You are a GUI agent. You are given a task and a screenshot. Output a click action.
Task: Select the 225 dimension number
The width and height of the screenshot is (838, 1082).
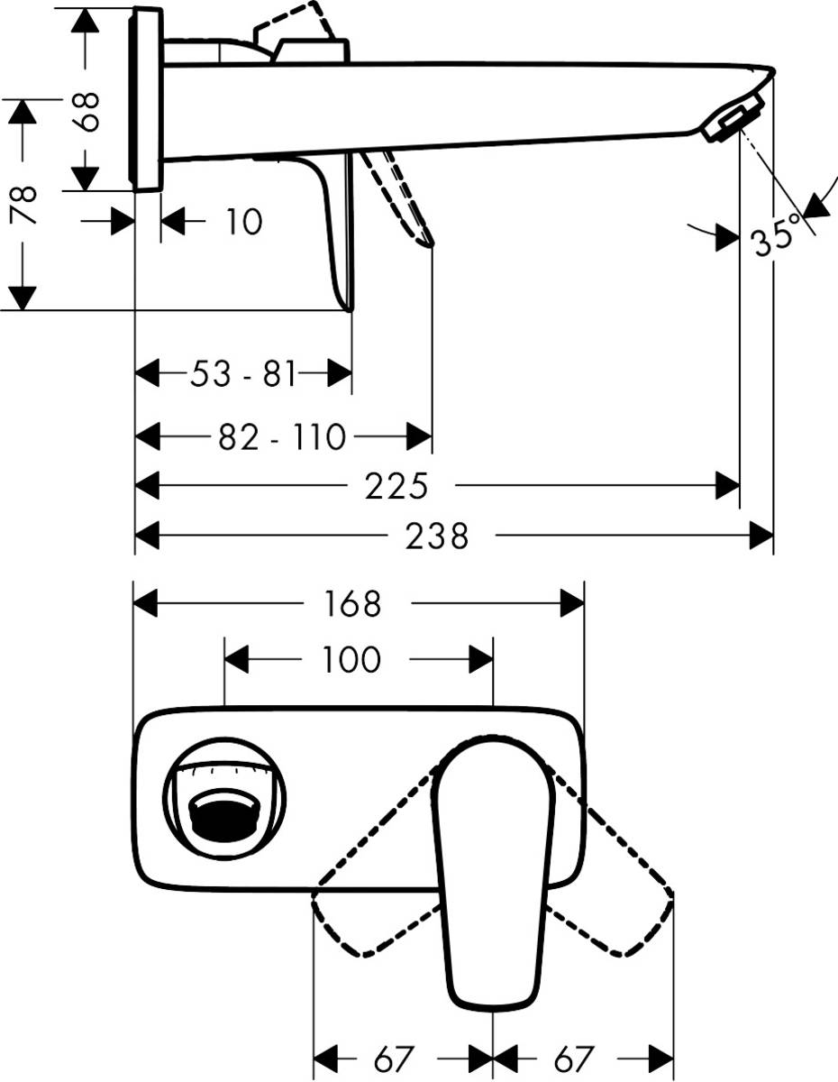[396, 487]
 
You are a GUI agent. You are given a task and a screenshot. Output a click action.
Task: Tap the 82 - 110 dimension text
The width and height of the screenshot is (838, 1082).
[282, 437]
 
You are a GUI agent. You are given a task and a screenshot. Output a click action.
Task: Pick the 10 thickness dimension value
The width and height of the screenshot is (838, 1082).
[243, 221]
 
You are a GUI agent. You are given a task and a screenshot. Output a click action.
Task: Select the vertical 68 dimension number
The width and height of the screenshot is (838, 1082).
[87, 111]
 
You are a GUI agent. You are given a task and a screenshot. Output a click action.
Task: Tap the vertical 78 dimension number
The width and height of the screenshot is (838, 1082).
[24, 206]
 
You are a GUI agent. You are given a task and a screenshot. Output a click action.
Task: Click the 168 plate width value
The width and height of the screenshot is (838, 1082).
[352, 604]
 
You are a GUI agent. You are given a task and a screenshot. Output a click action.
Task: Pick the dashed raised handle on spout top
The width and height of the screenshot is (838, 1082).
[293, 23]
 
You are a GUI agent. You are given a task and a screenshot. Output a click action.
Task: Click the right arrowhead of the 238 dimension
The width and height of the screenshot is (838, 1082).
[762, 537]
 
